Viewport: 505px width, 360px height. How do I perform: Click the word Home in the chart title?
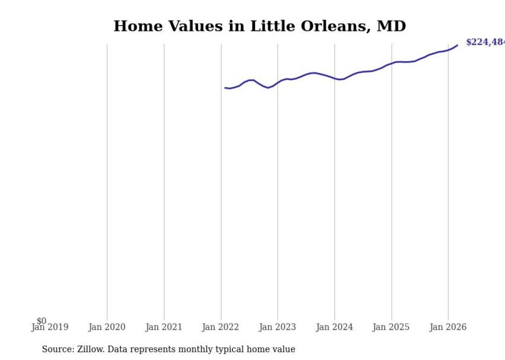click(133, 26)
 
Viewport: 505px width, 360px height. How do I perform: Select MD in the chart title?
click(392, 26)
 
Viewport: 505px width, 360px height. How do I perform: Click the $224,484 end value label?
click(485, 42)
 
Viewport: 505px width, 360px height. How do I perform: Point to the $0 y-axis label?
click(41, 321)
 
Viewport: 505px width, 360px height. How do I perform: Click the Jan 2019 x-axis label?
click(49, 327)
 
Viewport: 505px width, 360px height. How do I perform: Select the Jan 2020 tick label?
click(107, 327)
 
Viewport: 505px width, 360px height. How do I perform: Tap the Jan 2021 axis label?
click(164, 327)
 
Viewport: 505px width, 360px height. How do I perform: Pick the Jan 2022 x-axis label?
click(221, 327)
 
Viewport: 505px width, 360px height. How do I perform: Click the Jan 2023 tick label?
click(277, 327)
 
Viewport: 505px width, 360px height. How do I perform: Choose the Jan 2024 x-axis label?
click(334, 327)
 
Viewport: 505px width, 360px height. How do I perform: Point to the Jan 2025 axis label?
click(391, 327)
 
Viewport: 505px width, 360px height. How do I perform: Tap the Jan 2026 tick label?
click(448, 327)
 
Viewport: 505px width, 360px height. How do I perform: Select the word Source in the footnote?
click(58, 349)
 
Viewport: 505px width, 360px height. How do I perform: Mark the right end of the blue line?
click(457, 45)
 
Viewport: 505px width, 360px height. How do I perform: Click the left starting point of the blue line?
click(225, 88)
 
